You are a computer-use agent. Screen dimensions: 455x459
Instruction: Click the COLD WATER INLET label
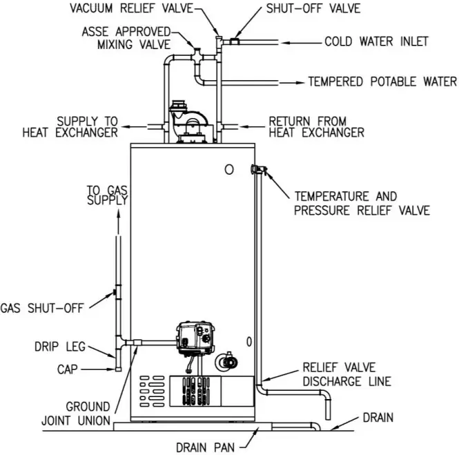coord(376,41)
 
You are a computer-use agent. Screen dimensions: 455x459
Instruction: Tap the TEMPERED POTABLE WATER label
coord(382,81)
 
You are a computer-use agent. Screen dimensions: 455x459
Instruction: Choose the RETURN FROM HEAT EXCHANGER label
coord(316,126)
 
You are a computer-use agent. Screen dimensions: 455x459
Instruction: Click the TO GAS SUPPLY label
coord(107,195)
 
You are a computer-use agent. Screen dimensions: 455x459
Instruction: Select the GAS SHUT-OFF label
coord(41,308)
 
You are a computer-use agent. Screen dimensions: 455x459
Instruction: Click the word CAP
coord(68,370)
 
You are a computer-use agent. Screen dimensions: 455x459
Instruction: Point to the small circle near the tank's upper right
coord(229,169)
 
